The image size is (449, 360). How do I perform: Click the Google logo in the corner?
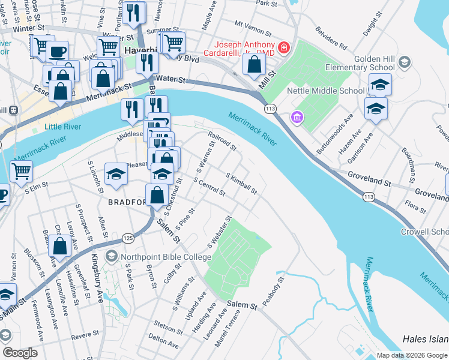click(x=20, y=352)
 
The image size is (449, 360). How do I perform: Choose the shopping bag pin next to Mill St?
click(x=255, y=63)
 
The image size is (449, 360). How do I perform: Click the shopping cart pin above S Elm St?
click(x=21, y=170)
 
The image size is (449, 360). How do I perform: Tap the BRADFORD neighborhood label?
click(x=127, y=203)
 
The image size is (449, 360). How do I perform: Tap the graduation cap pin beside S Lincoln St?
click(x=116, y=173)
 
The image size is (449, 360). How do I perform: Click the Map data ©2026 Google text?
click(x=411, y=355)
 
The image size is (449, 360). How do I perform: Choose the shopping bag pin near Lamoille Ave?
click(x=59, y=245)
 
